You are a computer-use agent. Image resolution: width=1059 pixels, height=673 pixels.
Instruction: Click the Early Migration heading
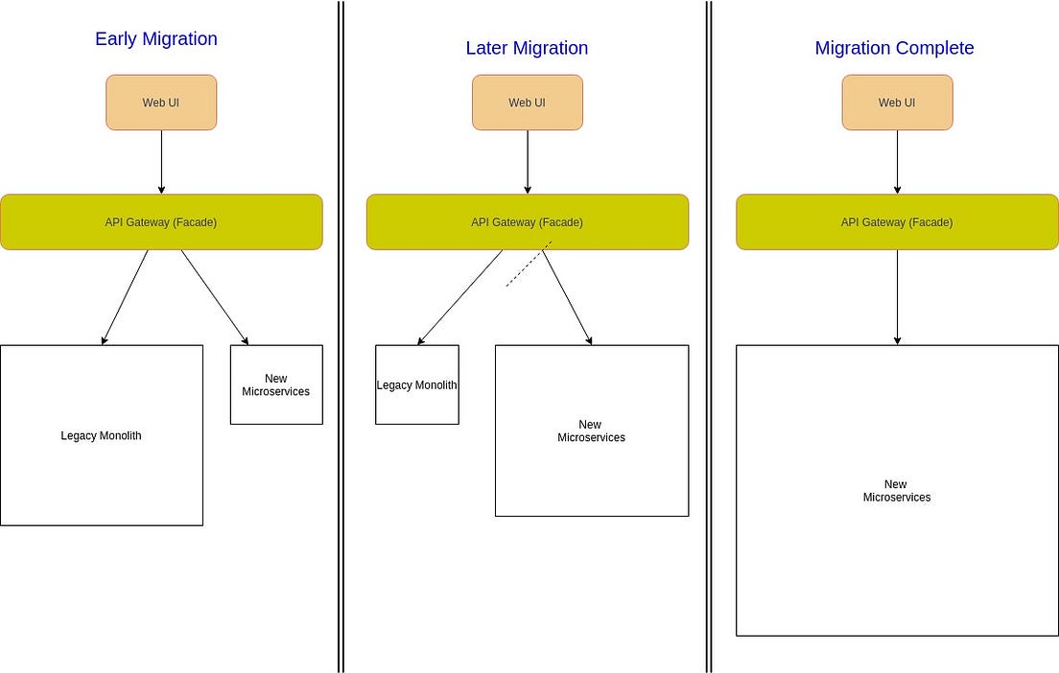coord(156,39)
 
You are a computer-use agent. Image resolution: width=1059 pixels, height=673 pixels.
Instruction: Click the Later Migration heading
coord(527,48)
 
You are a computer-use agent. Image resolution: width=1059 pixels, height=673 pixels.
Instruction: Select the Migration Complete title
coord(894,48)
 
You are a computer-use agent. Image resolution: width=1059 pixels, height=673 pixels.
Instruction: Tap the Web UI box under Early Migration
coord(161,103)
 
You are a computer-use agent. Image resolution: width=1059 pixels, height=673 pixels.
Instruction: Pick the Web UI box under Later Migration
coord(527,103)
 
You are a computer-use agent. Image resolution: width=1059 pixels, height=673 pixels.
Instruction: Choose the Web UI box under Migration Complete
coord(897,103)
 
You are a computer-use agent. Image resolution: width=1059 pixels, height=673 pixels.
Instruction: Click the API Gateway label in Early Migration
coord(161,222)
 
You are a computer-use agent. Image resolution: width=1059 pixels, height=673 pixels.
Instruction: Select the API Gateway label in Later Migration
coord(527,222)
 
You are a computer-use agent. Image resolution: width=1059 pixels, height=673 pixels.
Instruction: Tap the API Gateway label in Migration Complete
coord(897,222)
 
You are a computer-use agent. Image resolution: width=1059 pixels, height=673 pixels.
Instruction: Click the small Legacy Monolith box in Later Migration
coord(416,385)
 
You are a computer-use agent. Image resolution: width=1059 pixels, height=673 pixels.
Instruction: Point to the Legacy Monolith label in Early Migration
coord(101,436)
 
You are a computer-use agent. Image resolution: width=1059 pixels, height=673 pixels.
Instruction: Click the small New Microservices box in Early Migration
coord(276,384)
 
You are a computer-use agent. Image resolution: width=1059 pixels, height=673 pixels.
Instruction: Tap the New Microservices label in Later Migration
coord(591,431)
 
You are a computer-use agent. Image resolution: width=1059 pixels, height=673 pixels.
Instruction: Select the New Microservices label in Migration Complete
coord(897,491)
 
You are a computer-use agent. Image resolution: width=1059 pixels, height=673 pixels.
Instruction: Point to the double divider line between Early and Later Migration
coord(341,383)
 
